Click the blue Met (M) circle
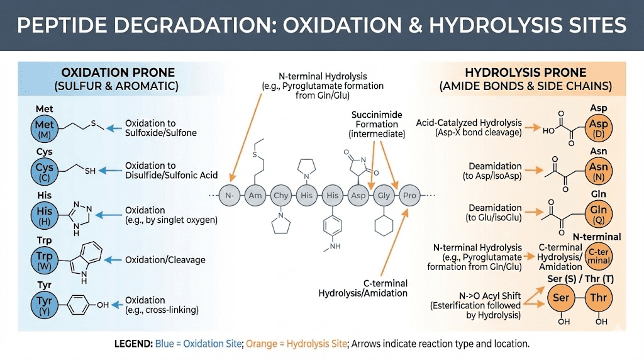[45, 128]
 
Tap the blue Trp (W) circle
[45, 260]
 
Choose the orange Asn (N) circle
[598, 171]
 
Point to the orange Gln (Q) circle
[598, 213]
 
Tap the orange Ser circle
[560, 297]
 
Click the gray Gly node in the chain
[384, 196]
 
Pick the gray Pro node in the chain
[409, 196]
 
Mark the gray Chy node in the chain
[281, 196]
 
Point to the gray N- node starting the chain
[230, 196]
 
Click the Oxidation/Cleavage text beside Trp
[165, 259]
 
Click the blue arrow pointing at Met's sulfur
[113, 128]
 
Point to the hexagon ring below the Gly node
[383, 226]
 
